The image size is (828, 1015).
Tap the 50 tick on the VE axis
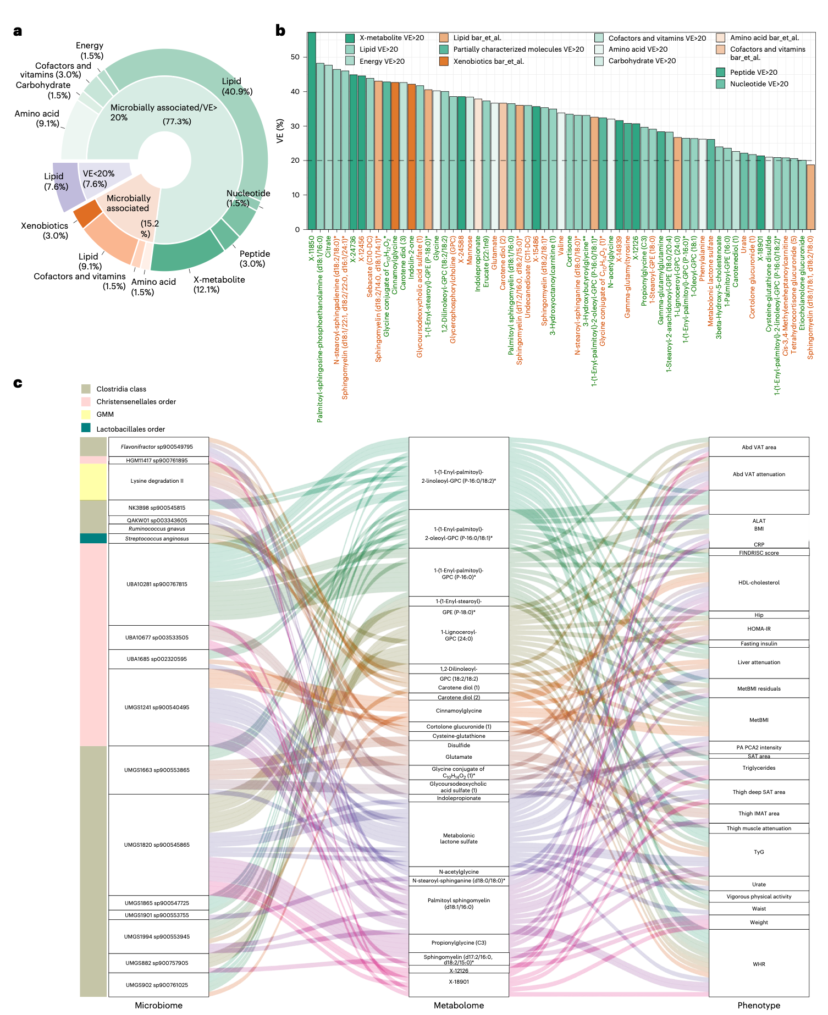(x=295, y=57)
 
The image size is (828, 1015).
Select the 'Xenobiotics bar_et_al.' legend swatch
(x=444, y=61)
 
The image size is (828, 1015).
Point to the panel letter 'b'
(x=280, y=31)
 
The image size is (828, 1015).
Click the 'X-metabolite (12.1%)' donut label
(x=219, y=284)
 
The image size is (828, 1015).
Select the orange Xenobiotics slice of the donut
(x=87, y=214)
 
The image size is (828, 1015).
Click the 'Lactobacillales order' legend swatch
(x=86, y=428)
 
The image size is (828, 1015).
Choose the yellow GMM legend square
(x=86, y=414)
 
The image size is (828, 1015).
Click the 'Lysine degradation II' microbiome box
(x=158, y=481)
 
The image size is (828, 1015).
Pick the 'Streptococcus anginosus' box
(x=158, y=539)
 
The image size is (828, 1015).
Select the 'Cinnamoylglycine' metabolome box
(x=459, y=711)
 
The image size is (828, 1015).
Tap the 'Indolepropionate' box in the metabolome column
(x=459, y=798)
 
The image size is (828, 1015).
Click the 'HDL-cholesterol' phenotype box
(x=759, y=583)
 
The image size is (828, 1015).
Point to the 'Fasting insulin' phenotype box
(x=759, y=644)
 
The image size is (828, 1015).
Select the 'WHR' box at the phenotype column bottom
(x=759, y=964)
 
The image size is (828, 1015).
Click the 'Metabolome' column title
(x=459, y=1005)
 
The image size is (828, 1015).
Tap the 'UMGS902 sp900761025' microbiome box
(x=158, y=985)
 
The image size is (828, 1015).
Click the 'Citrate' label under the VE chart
(x=329, y=247)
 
